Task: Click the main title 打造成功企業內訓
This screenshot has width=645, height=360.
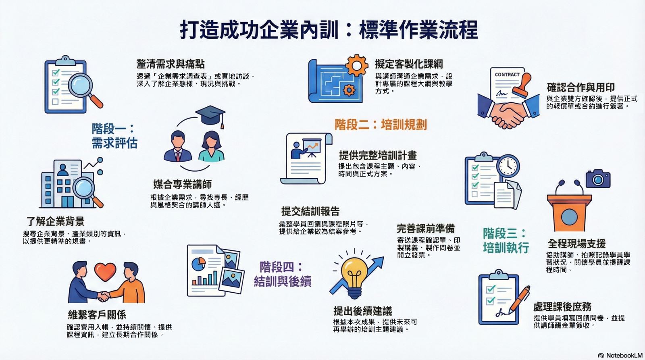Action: pos(259,30)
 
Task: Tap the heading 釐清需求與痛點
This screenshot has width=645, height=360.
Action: pos(171,64)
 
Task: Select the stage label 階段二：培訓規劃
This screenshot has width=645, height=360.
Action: pos(381,125)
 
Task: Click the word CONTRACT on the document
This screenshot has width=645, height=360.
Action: pos(507,75)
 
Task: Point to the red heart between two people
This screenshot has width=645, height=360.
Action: pos(105,272)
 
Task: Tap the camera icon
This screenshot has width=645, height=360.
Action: pos(598,179)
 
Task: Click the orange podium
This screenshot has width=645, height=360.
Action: pos(569,212)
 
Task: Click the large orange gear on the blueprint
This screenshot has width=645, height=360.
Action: pos(357,65)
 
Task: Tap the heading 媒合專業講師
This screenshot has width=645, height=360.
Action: pos(183,184)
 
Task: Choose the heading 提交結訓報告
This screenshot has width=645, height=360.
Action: pos(310,211)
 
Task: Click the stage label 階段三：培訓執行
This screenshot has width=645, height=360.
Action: pos(506,241)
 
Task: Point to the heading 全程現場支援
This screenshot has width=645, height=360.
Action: pos(577,243)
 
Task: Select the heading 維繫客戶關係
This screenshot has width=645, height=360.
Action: pos(97,315)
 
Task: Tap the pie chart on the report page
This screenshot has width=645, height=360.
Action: pos(198,264)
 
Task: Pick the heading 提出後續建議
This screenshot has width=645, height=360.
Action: pos(363,311)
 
